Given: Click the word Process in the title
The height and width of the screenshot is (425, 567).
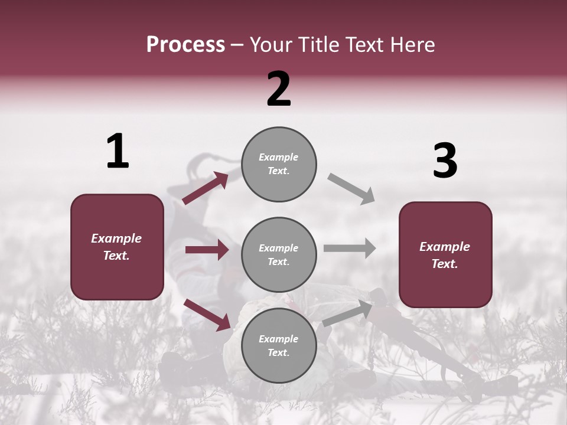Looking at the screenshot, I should coord(185,45).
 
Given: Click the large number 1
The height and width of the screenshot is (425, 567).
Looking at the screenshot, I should coord(118,152).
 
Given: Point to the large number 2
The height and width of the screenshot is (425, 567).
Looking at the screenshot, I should coord(279,90).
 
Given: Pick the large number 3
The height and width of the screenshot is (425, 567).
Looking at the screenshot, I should coord(445,161).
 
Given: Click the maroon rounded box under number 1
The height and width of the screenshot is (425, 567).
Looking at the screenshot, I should coord(117,247).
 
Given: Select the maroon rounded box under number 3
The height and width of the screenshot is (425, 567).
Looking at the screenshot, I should coord(445,255).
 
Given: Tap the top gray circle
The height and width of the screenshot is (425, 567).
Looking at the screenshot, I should coord(279,164).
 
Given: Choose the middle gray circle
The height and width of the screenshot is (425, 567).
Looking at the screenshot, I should coord(279,255).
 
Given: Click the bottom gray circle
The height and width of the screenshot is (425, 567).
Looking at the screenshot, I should coord(279,345).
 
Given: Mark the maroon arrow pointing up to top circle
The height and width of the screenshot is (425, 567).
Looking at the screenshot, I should coord(205,188).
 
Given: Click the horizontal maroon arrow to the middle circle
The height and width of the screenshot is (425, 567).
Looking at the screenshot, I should coord(207,250).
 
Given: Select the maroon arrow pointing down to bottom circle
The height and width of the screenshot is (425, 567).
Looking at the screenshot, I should coord(207,315).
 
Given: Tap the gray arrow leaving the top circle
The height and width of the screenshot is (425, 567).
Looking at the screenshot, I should coord(351,189).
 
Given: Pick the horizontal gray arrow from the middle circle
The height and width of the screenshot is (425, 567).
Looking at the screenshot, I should coord(350,248).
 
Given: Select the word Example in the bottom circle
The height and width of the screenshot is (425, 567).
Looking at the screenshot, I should coord(279,339).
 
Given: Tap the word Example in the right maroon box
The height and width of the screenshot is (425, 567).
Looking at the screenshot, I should coord(445,247).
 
